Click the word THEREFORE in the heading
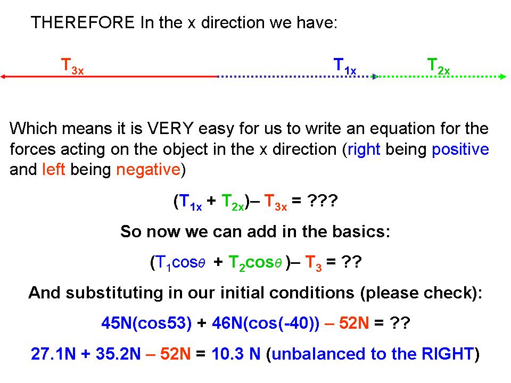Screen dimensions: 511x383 [83, 22]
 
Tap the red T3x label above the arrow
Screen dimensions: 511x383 [72, 66]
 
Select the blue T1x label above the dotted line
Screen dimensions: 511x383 [345, 66]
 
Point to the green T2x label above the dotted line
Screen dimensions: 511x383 [439, 66]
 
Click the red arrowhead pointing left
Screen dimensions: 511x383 [3, 77]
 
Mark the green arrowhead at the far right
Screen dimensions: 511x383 [503, 77]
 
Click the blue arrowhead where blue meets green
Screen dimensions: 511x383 [375, 77]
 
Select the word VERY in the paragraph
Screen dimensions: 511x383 [170, 128]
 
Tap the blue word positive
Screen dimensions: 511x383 [460, 149]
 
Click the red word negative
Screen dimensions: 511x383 [149, 169]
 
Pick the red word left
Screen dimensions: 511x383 [53, 169]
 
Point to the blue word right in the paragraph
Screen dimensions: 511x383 [364, 149]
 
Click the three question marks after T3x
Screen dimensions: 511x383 [323, 201]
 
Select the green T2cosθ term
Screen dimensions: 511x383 [255, 263]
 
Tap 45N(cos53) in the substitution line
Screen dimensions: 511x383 [146, 323]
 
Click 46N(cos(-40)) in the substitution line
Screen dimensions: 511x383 [266, 323]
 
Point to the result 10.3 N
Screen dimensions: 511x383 [236, 353]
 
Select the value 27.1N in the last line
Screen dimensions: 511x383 [53, 353]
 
